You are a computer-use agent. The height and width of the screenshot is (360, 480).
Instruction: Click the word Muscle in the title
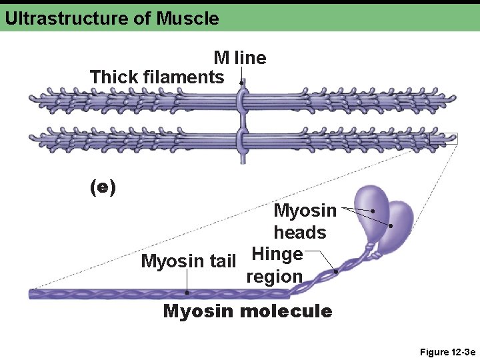point(187,18)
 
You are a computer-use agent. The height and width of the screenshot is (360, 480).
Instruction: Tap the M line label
point(239,58)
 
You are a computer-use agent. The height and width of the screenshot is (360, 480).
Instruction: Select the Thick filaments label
point(157,77)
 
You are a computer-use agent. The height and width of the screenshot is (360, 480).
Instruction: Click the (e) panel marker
point(103,187)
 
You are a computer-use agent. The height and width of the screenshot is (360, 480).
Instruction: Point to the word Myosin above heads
point(305,211)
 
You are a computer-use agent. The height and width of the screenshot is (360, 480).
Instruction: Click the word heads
point(300,233)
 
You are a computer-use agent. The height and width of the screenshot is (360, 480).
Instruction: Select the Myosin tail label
point(189,261)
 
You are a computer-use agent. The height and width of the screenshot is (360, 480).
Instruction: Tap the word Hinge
point(277,254)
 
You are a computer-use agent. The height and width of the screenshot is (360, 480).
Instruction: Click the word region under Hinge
point(274,277)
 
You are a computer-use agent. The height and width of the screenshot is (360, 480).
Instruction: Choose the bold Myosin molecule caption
point(247,311)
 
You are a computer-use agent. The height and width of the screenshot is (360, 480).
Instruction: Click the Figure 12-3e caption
point(447,351)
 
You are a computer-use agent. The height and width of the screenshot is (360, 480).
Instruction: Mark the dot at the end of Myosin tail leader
point(187,292)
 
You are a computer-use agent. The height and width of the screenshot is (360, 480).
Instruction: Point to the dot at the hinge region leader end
point(336,272)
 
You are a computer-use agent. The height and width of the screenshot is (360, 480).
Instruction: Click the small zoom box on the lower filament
point(443,139)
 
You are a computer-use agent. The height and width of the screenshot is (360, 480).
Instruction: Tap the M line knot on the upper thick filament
point(242,100)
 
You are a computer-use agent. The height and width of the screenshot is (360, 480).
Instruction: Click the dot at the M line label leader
point(241,83)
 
